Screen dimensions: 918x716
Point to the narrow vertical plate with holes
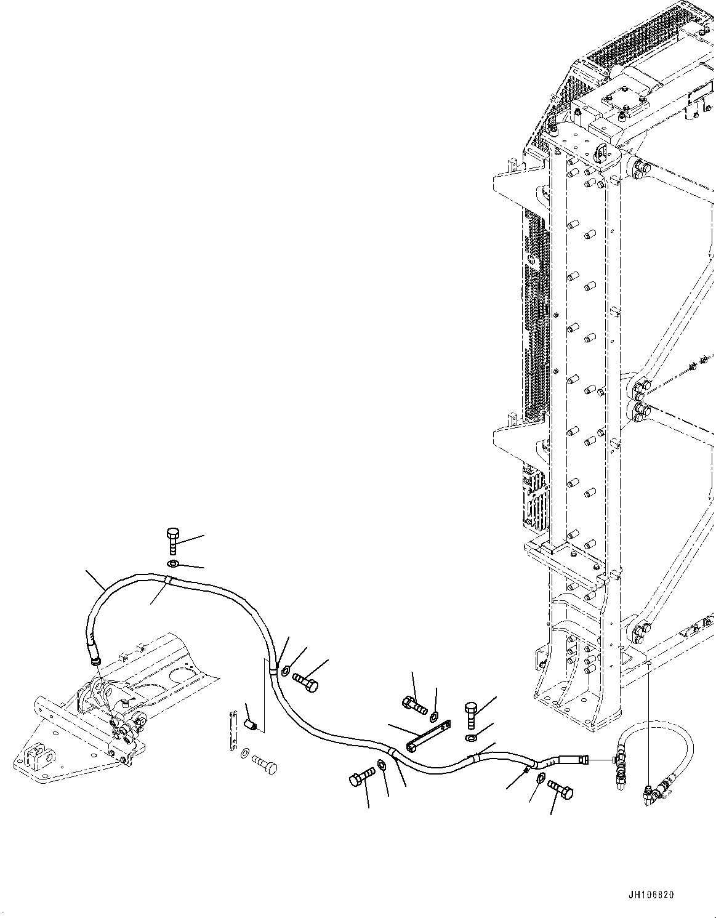[233, 730]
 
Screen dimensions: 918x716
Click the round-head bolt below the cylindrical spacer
[265, 767]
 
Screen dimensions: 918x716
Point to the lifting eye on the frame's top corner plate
[601, 154]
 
